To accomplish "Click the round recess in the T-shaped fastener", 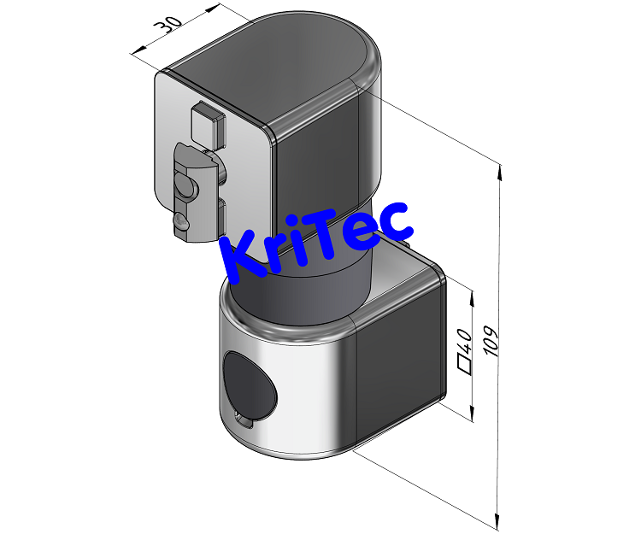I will coord(184,183).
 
